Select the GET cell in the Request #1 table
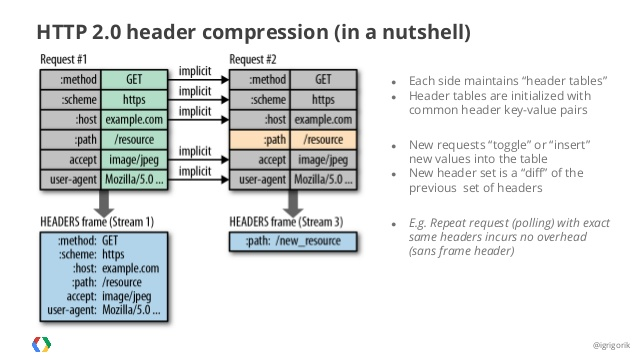point(139,78)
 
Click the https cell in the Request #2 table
point(323,99)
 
